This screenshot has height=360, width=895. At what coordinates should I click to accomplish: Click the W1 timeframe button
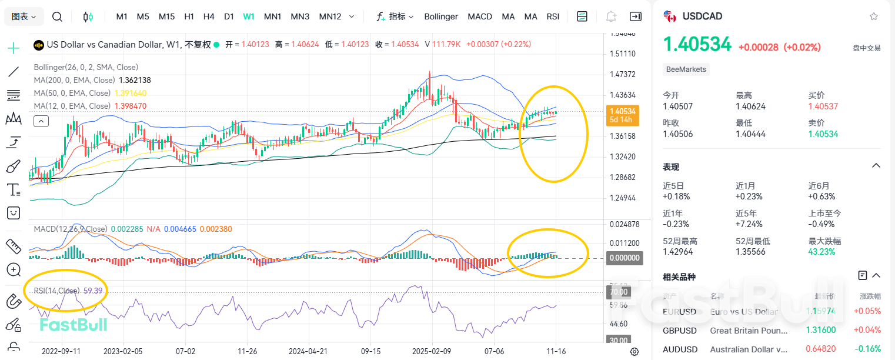pos(249,16)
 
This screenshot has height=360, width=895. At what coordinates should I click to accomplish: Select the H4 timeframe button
pos(209,16)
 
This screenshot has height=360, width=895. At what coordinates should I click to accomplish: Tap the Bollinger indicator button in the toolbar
pos(441,16)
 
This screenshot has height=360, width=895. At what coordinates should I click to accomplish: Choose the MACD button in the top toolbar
pos(480,16)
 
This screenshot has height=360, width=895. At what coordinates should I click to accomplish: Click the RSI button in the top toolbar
pos(553,16)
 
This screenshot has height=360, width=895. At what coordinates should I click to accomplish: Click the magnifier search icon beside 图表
pos(57,16)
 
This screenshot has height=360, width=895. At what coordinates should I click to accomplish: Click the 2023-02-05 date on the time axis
pos(123,351)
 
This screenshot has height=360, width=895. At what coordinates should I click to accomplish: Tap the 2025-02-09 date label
pos(432,351)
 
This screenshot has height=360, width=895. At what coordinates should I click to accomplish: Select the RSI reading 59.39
pos(93,291)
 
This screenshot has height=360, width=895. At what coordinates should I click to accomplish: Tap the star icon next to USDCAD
pos(874,16)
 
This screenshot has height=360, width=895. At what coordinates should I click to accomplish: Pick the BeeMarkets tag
pos(686,69)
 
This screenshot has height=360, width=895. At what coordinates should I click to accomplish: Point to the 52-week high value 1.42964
pos(678,252)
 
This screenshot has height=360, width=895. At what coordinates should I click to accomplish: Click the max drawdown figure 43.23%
pos(822,252)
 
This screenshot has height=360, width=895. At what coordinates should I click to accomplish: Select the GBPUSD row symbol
pos(679,331)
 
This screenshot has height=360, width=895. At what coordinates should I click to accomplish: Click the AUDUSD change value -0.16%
pos(868,349)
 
